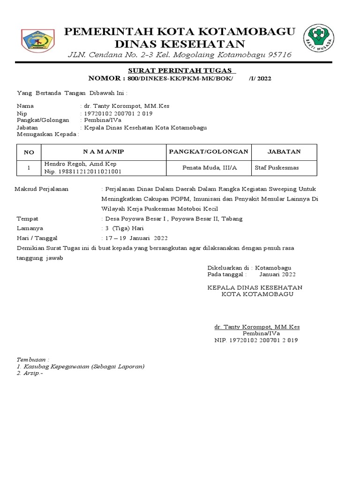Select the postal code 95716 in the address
click(x=278, y=55)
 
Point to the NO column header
click(x=29, y=152)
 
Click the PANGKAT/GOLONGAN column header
click(x=209, y=152)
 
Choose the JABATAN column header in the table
click(x=284, y=152)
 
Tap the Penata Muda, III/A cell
click(x=210, y=167)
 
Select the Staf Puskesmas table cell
click(x=277, y=167)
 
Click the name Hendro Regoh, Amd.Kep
click(x=80, y=164)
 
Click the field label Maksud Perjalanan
click(x=42, y=189)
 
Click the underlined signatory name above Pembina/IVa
click(x=257, y=327)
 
